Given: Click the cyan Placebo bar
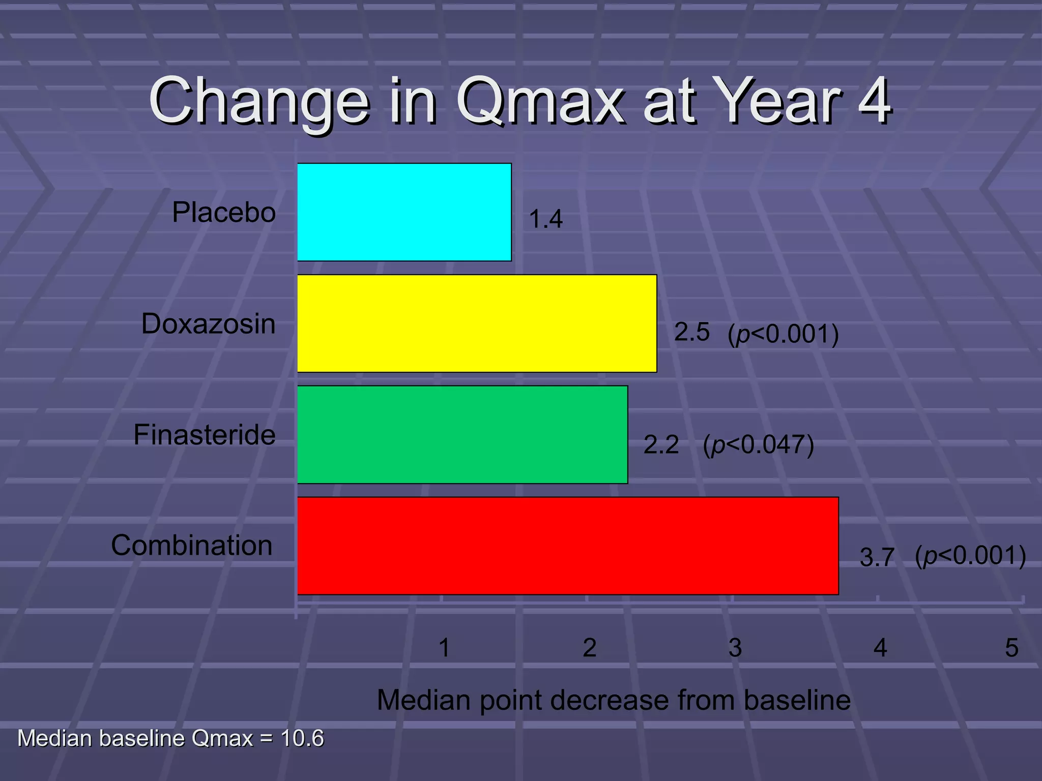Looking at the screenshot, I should [404, 212].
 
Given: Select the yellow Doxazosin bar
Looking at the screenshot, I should [477, 323].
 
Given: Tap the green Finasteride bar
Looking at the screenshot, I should [462, 435].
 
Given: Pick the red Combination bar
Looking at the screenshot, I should [568, 546].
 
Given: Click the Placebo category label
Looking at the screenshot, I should [224, 212].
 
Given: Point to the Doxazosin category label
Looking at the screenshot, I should [208, 323].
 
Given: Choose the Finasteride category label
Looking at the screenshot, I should [205, 435].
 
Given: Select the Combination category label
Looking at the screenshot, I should [192, 545].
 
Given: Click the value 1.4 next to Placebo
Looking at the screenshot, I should [545, 220].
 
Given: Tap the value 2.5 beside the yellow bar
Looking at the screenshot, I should [691, 332].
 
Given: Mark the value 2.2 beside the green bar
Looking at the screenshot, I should [661, 445].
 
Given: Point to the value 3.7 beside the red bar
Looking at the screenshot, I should [877, 557].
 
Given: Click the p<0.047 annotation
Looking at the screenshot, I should [758, 445].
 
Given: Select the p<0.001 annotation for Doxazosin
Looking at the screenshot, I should [783, 334].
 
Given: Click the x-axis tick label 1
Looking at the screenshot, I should [444, 648].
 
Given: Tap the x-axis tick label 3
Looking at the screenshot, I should [735, 648].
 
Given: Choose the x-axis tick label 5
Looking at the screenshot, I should [1011, 648].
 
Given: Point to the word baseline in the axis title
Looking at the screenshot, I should [797, 700].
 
